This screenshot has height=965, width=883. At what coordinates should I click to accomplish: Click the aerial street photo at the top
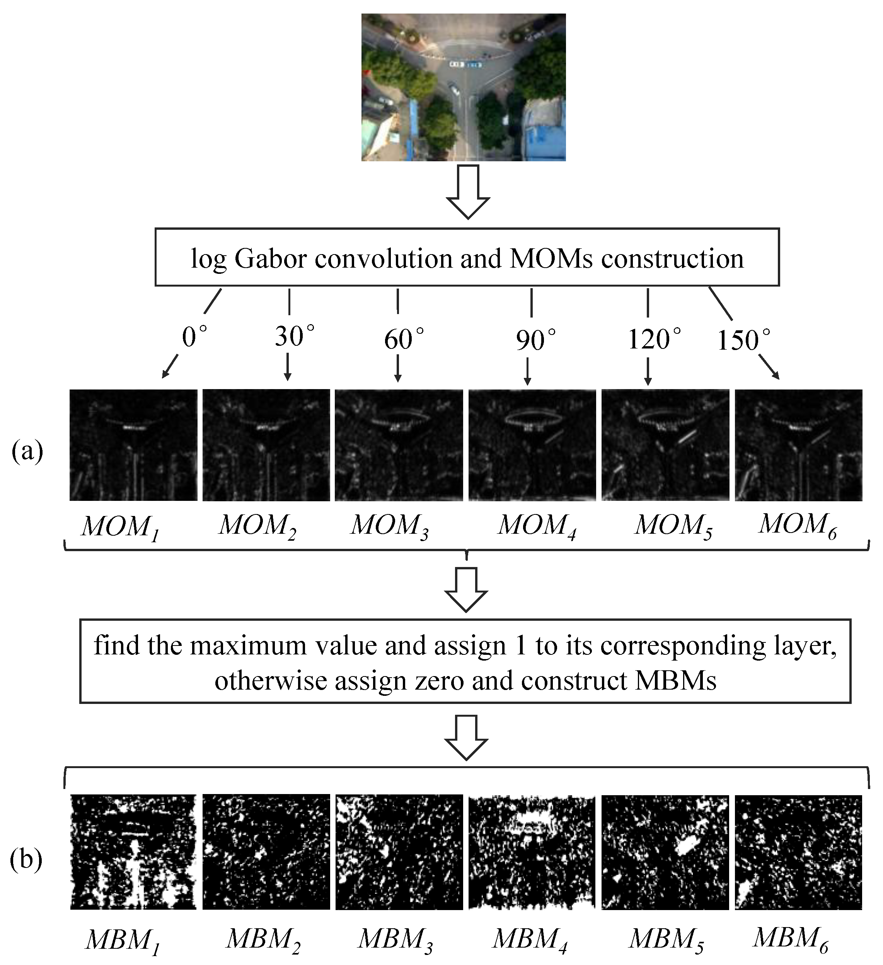[x=463, y=87]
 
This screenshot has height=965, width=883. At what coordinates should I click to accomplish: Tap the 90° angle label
[x=535, y=340]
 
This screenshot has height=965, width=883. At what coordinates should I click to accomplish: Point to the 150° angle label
[x=743, y=340]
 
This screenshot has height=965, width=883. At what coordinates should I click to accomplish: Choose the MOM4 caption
[x=537, y=526]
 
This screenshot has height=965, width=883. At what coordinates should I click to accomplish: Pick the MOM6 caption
[x=798, y=525]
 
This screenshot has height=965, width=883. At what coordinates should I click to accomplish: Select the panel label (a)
[x=27, y=451]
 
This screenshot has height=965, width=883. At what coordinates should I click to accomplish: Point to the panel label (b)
[x=26, y=859]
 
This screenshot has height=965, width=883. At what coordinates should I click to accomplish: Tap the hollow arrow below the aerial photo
[x=467, y=191]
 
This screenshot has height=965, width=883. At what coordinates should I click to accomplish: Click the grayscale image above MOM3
[x=399, y=445]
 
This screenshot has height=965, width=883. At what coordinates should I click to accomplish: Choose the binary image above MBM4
[x=532, y=852]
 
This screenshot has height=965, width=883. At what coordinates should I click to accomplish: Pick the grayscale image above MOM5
[x=665, y=445]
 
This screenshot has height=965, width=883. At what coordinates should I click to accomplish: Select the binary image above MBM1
[x=133, y=852]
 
